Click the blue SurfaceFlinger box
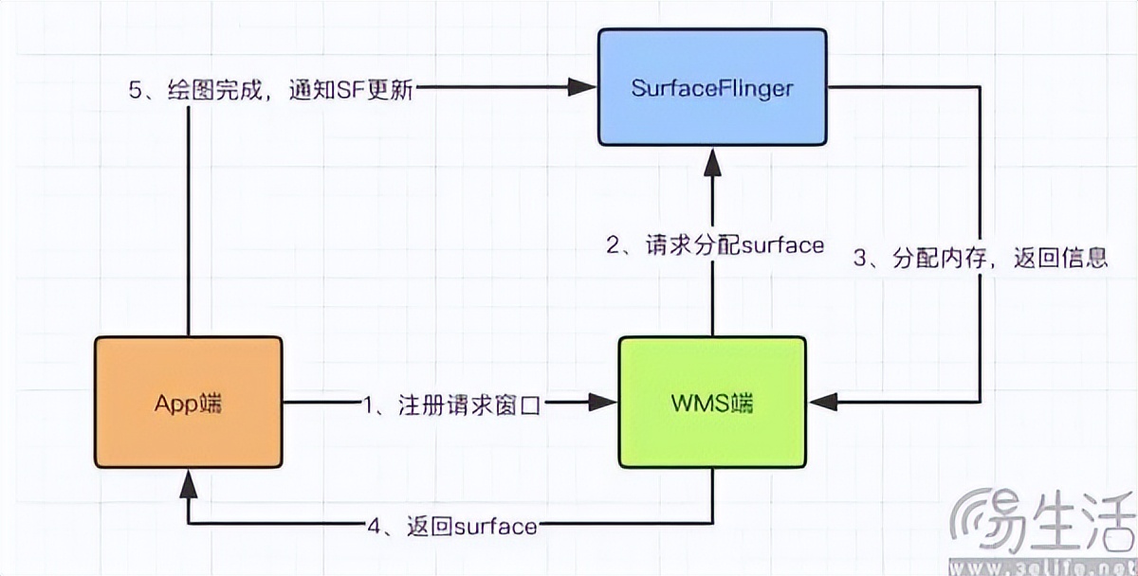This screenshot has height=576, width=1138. pos(711,87)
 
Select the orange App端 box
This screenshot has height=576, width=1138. pos(189,402)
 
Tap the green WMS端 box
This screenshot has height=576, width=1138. pos(712,402)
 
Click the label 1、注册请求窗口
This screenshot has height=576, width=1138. pos(450,405)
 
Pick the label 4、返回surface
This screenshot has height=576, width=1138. pos(452,524)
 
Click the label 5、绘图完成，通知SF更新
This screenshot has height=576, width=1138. pos(271,89)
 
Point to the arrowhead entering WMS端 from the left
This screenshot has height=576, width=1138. pos(605,404)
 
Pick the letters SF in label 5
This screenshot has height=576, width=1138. pos(356,89)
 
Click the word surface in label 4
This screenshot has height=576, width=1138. pos(496,524)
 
